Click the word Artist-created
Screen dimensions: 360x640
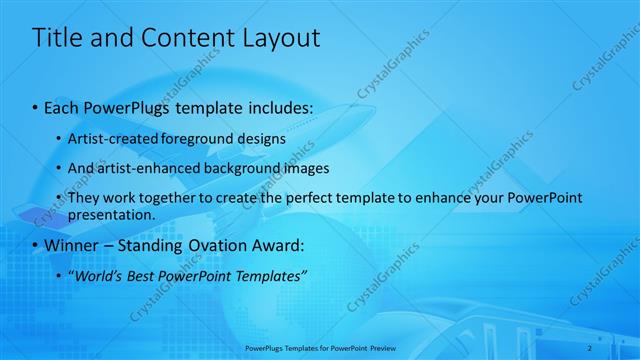108,138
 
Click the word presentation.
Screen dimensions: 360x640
112,214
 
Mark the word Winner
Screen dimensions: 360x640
71,245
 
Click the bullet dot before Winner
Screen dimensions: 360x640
36,245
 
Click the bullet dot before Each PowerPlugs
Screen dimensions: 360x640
36,105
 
